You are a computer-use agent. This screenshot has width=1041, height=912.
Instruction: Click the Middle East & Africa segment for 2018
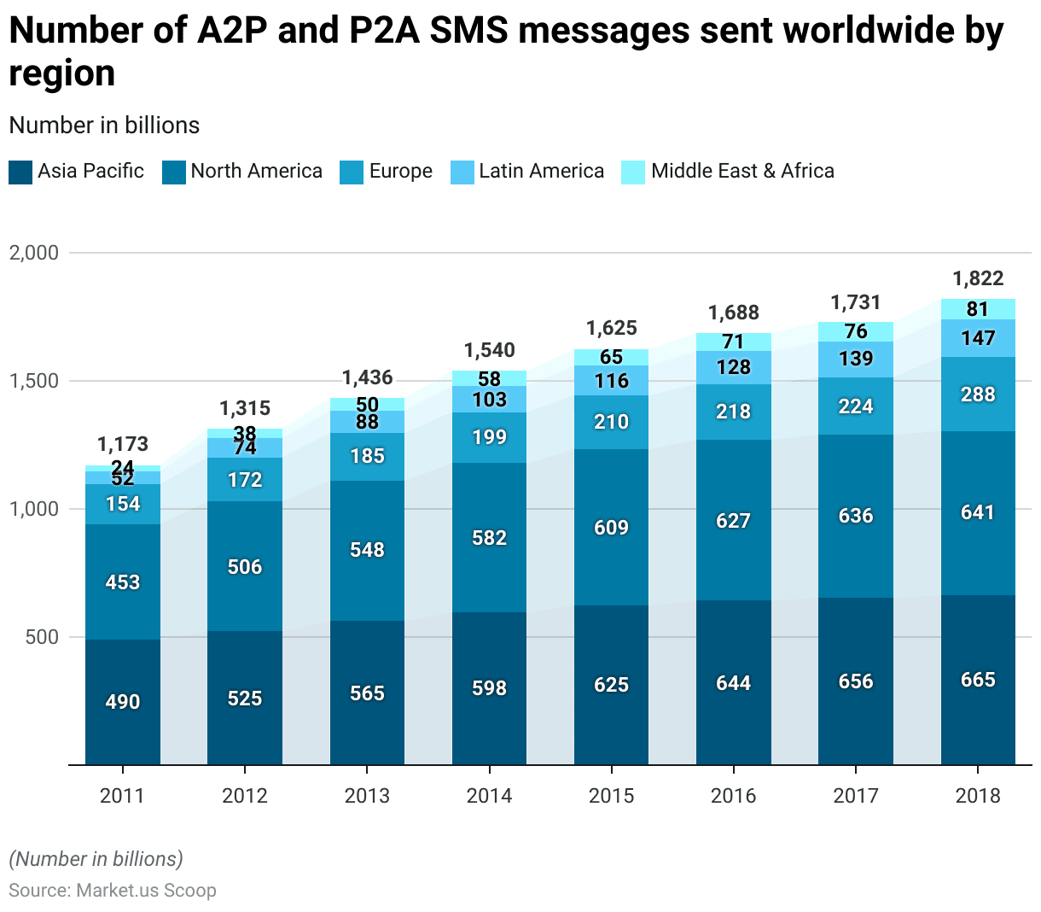[x=978, y=309]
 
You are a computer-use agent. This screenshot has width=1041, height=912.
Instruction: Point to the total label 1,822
[x=978, y=278]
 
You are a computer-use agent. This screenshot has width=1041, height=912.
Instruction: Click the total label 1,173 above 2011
[x=123, y=444]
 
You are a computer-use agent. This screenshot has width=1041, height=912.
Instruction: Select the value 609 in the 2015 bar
[x=612, y=528]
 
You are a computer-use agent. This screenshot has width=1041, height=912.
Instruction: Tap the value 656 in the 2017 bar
[x=856, y=681]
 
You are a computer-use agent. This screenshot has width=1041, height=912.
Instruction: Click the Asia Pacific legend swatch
[x=20, y=172]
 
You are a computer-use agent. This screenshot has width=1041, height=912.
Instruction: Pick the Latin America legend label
[x=541, y=172]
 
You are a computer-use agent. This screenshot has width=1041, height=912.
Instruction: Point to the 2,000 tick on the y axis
[x=34, y=253]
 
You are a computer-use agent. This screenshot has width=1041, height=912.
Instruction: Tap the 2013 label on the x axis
[x=367, y=796]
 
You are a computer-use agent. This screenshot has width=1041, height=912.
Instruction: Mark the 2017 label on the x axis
[x=856, y=796]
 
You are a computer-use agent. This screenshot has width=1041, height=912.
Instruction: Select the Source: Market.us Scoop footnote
[x=113, y=891]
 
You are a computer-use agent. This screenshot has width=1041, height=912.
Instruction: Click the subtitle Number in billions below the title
[x=104, y=126]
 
